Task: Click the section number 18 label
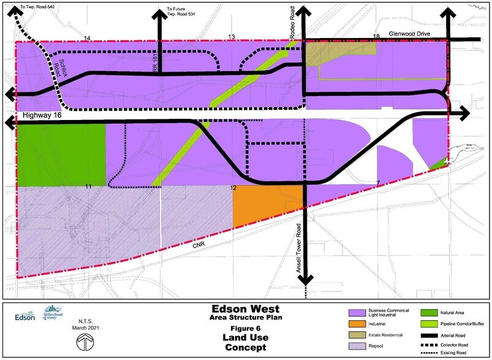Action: [x=376, y=37]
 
